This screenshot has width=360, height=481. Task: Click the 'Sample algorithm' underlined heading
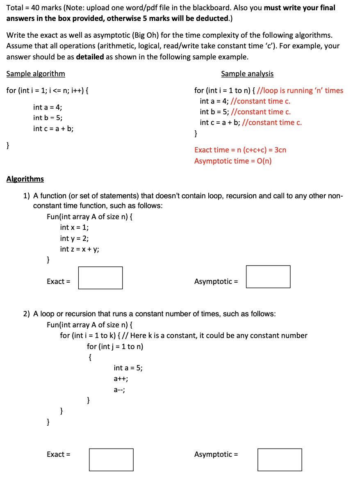coord(36,74)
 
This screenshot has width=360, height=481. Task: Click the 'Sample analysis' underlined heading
coord(247,74)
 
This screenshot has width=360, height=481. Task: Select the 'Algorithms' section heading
coord(25,179)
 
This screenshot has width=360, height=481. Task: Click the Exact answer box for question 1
coord(100,278)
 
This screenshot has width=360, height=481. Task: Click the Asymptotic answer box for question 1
coord(268,277)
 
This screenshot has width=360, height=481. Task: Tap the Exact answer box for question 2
coord(111,459)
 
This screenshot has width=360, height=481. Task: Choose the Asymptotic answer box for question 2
coord(280,459)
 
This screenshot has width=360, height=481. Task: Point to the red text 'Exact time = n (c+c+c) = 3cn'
coord(240,150)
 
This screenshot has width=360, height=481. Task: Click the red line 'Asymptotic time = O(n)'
coord(233,161)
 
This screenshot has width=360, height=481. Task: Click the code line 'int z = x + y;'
coord(80,249)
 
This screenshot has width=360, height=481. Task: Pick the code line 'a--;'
coord(119,390)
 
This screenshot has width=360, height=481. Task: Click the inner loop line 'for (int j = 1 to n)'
coord(115,346)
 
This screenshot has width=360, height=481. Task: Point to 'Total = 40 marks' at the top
coord(34,8)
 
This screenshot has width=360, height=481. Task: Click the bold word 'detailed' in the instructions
coord(90,57)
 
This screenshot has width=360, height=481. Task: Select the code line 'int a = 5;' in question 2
coord(128,368)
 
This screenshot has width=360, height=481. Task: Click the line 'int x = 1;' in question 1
coord(74,227)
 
